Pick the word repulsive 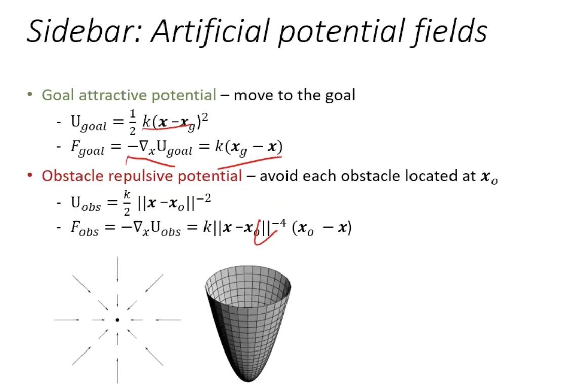click(x=141, y=176)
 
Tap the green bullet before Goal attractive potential click(x=30, y=95)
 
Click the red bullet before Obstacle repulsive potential click(x=30, y=176)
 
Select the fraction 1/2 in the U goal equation click(x=132, y=122)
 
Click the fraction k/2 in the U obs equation click(x=127, y=203)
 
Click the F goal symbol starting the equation click(x=88, y=149)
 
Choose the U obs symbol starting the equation click(x=86, y=204)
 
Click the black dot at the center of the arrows click(x=117, y=320)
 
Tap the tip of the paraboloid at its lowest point click(x=248, y=381)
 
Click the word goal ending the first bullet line click(x=340, y=96)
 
